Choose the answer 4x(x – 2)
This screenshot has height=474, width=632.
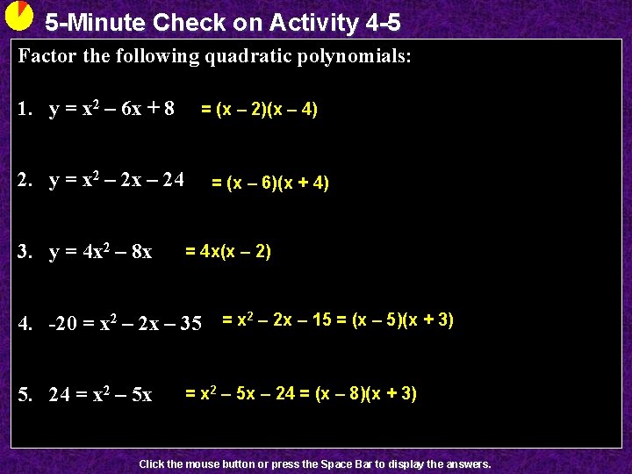(228, 252)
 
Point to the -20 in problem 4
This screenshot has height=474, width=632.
(63, 324)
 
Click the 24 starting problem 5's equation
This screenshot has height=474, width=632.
(60, 396)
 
